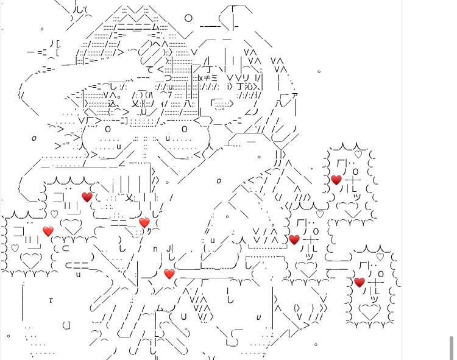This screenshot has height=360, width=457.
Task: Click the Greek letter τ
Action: tap(51, 300)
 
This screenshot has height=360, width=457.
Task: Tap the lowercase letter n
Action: tap(155, 249)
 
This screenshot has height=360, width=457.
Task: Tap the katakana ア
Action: tap(295, 95)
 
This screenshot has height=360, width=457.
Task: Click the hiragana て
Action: tap(150, 69)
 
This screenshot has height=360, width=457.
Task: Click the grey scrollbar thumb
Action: tap(451, 347)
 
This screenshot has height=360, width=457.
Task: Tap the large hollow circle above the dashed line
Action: tap(188, 18)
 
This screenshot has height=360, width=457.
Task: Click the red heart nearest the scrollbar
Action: tap(359, 282)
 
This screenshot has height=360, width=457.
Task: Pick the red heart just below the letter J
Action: tap(169, 274)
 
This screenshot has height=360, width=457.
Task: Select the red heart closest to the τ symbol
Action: tap(48, 231)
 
